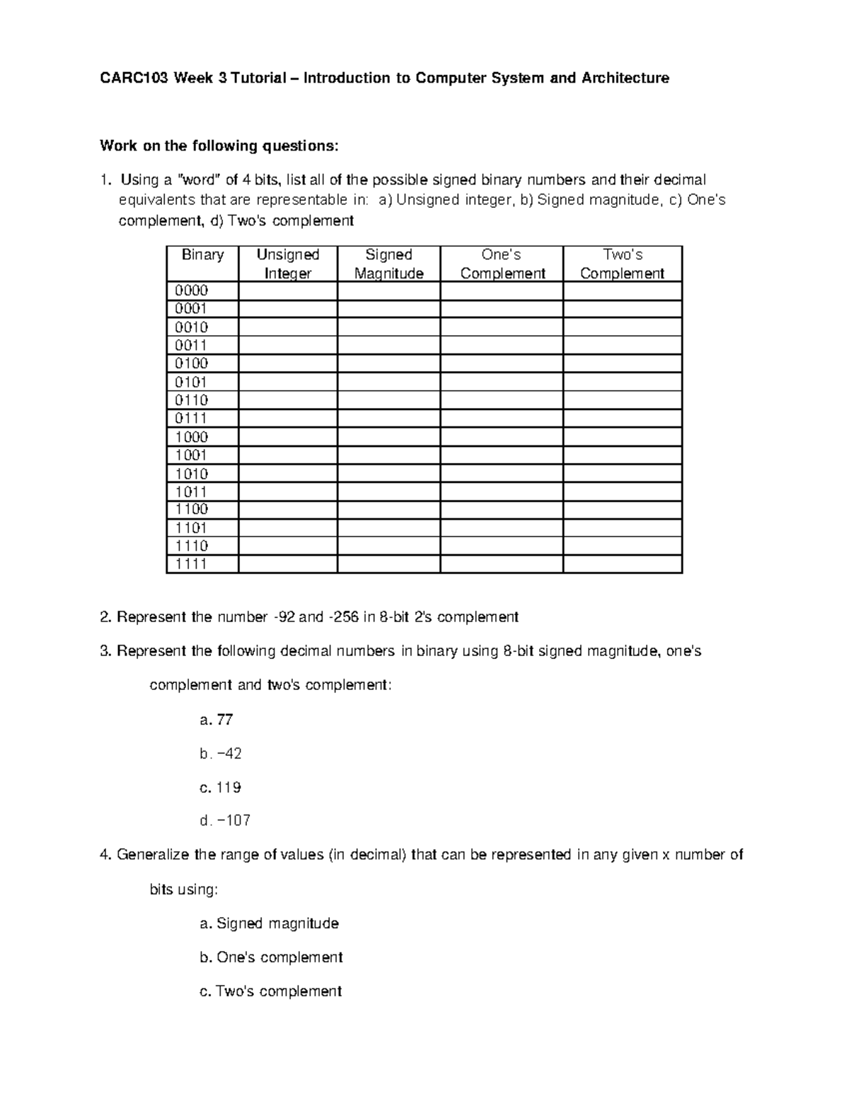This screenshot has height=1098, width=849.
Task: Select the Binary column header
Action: pyautogui.click(x=202, y=255)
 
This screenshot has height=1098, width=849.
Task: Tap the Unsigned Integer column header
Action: pyautogui.click(x=288, y=264)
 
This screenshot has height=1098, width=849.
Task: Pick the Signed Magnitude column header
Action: pyautogui.click(x=388, y=264)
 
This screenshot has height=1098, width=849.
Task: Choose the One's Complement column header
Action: pyautogui.click(x=502, y=264)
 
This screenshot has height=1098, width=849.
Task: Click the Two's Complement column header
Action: pyautogui.click(x=622, y=264)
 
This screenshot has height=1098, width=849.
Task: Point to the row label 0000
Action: pyautogui.click(x=192, y=291)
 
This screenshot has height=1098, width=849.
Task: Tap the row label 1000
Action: pyautogui.click(x=192, y=437)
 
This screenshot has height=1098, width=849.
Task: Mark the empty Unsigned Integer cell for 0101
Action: pyautogui.click(x=288, y=382)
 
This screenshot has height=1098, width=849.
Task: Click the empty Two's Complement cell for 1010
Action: pyautogui.click(x=622, y=474)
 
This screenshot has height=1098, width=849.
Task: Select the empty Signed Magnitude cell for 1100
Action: pyautogui.click(x=388, y=510)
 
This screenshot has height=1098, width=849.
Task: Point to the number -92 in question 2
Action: pyautogui.click(x=284, y=617)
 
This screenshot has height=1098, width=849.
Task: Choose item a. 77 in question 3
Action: pyautogui.click(x=216, y=720)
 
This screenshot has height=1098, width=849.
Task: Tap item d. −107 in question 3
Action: pyautogui.click(x=225, y=821)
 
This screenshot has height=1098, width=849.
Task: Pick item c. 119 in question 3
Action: pyautogui.click(x=220, y=788)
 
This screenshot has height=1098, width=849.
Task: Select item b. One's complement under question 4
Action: pyautogui.click(x=271, y=957)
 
